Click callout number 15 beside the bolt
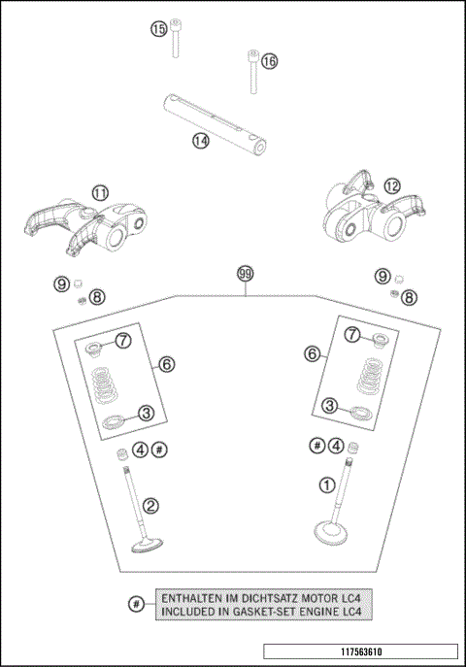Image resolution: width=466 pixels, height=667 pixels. tap(158, 29)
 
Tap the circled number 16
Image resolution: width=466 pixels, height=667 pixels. tap(269, 61)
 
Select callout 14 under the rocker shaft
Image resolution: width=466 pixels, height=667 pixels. tap(201, 141)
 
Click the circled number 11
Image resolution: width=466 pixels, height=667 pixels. tap(100, 193)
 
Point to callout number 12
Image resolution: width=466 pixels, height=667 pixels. tap(392, 185)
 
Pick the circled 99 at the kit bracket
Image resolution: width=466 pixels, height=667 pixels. tap(246, 274)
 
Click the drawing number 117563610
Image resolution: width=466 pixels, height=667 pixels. tap(361, 651)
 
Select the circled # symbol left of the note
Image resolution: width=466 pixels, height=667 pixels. tap(136, 604)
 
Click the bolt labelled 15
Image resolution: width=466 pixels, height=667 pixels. tap(175, 38)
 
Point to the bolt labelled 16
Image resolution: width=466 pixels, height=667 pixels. tap(253, 72)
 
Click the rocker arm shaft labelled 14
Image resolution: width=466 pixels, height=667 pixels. tap(216, 123)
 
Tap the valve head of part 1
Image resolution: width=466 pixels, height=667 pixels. tap(330, 533)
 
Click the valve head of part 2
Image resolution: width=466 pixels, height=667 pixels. tap(148, 545)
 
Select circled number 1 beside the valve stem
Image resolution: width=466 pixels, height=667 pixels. tap(327, 484)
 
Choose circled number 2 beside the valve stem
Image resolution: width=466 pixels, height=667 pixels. tap(150, 506)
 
